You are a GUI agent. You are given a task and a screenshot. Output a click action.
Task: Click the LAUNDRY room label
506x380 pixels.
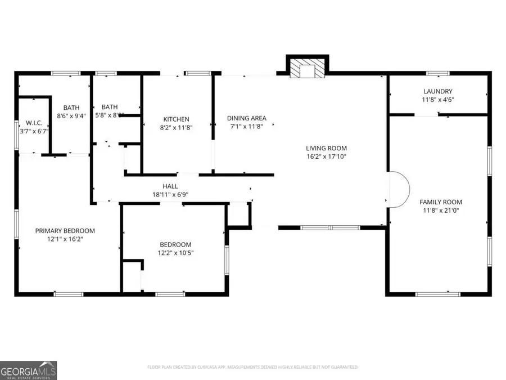click(437, 91)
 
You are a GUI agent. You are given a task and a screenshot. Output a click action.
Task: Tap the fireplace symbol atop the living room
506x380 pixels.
click(306, 69)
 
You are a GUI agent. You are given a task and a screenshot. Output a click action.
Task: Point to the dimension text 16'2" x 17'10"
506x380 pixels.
click(322, 157)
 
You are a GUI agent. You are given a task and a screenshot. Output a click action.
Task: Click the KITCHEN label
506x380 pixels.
click(176, 119)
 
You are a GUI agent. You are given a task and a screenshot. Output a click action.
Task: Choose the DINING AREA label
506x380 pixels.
click(246, 118)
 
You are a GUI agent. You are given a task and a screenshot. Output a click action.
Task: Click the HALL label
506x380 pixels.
click(170, 186)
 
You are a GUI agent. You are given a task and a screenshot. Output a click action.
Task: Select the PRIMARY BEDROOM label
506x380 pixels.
click(65, 231)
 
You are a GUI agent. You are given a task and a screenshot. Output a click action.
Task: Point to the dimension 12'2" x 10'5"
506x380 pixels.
click(175, 253)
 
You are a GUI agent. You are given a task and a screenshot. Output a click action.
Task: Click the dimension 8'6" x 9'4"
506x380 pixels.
click(71, 115)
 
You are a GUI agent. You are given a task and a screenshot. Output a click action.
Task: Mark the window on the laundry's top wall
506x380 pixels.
click(437, 73)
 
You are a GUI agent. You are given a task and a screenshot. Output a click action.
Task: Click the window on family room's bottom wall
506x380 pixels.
click(445, 293)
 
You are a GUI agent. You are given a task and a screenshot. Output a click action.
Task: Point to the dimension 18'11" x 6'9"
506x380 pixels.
click(170, 195)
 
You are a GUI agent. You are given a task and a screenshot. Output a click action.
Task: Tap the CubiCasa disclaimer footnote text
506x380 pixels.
click(252, 367)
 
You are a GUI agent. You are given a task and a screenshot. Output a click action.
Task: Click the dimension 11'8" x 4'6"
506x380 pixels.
click(437, 100)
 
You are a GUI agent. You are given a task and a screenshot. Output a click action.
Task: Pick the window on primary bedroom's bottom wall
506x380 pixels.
click(69, 293)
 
